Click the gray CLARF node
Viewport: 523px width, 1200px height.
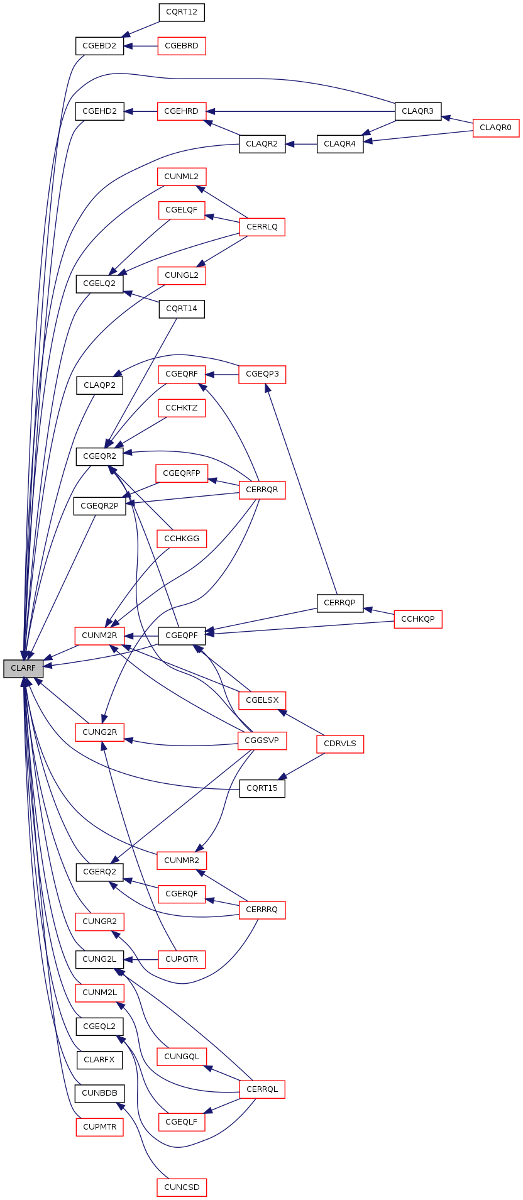[23, 668]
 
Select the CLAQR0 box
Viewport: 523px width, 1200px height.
[496, 128]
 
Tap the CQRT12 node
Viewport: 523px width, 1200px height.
[182, 12]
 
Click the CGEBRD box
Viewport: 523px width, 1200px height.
[182, 46]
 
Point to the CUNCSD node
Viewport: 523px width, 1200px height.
[182, 1187]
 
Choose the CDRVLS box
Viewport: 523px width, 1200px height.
[340, 744]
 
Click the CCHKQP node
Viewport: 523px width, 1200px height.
[418, 619]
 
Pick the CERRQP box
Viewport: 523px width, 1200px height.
[340, 603]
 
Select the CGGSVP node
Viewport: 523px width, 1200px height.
[262, 740]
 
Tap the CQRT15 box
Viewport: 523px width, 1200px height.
[262, 788]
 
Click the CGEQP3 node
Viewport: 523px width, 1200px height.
[262, 374]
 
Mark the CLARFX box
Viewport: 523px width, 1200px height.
[99, 1060]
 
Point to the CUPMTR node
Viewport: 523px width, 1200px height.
[99, 1127]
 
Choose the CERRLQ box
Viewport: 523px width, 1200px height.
[262, 227]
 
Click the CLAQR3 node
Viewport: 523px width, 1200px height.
[418, 111]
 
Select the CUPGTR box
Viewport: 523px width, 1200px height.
[182, 959]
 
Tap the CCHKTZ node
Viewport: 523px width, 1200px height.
[182, 408]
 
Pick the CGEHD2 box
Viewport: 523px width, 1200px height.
[99, 111]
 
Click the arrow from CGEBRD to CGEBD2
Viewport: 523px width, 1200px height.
[141, 46]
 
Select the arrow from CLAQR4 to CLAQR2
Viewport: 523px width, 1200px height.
[301, 144]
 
